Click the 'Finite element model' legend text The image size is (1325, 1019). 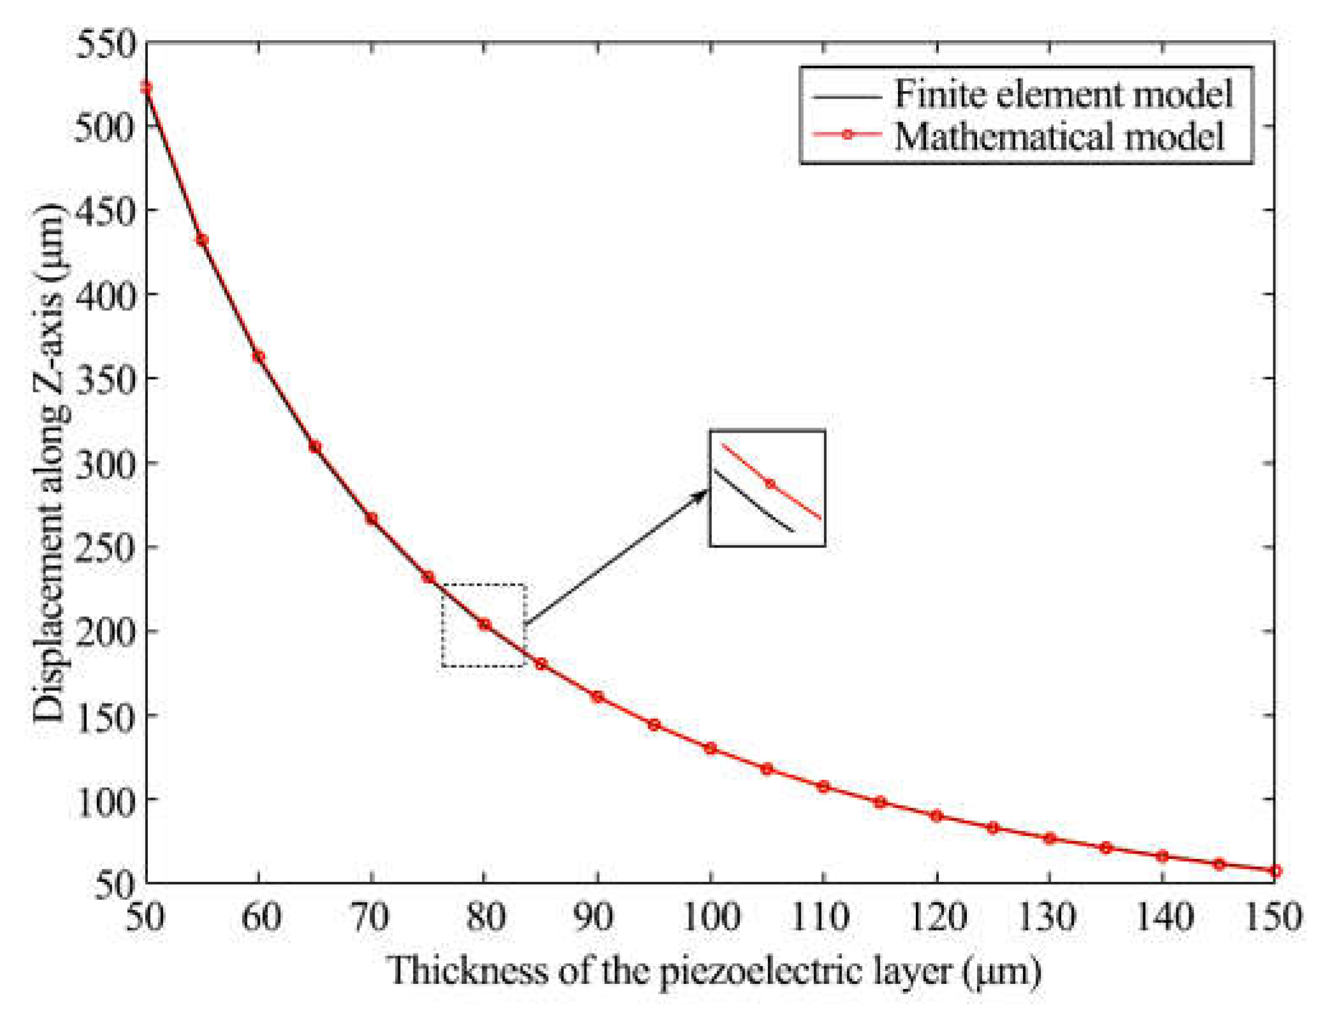1063,94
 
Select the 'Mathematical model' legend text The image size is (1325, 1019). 1059,136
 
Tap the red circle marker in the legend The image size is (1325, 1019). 847,134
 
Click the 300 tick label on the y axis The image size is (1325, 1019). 106,463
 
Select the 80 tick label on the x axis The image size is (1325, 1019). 485,918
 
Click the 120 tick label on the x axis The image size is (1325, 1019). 936,918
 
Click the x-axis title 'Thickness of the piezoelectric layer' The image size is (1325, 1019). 714,971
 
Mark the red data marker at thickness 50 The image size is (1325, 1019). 147,87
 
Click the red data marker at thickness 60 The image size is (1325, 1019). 259,357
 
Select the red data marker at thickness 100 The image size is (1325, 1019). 710,748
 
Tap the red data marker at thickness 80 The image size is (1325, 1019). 484,625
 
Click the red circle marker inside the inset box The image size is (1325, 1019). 770,484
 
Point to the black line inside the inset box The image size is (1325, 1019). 752,500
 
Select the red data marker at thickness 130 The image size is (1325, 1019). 1049,839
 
